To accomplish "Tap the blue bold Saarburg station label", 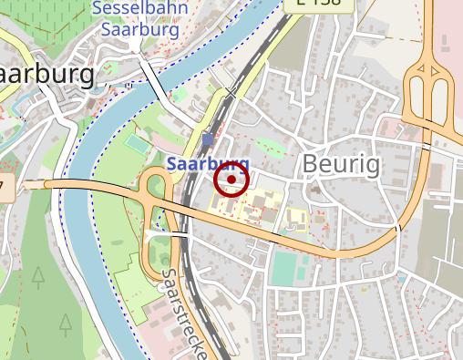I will point(209,165).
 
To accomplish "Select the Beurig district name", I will point(342,164).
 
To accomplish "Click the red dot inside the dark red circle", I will point(231,180).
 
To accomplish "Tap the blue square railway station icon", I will point(209,139).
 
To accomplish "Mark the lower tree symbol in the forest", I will point(66,322).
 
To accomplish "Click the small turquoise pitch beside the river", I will point(138,143).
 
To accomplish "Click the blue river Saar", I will point(100,273).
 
